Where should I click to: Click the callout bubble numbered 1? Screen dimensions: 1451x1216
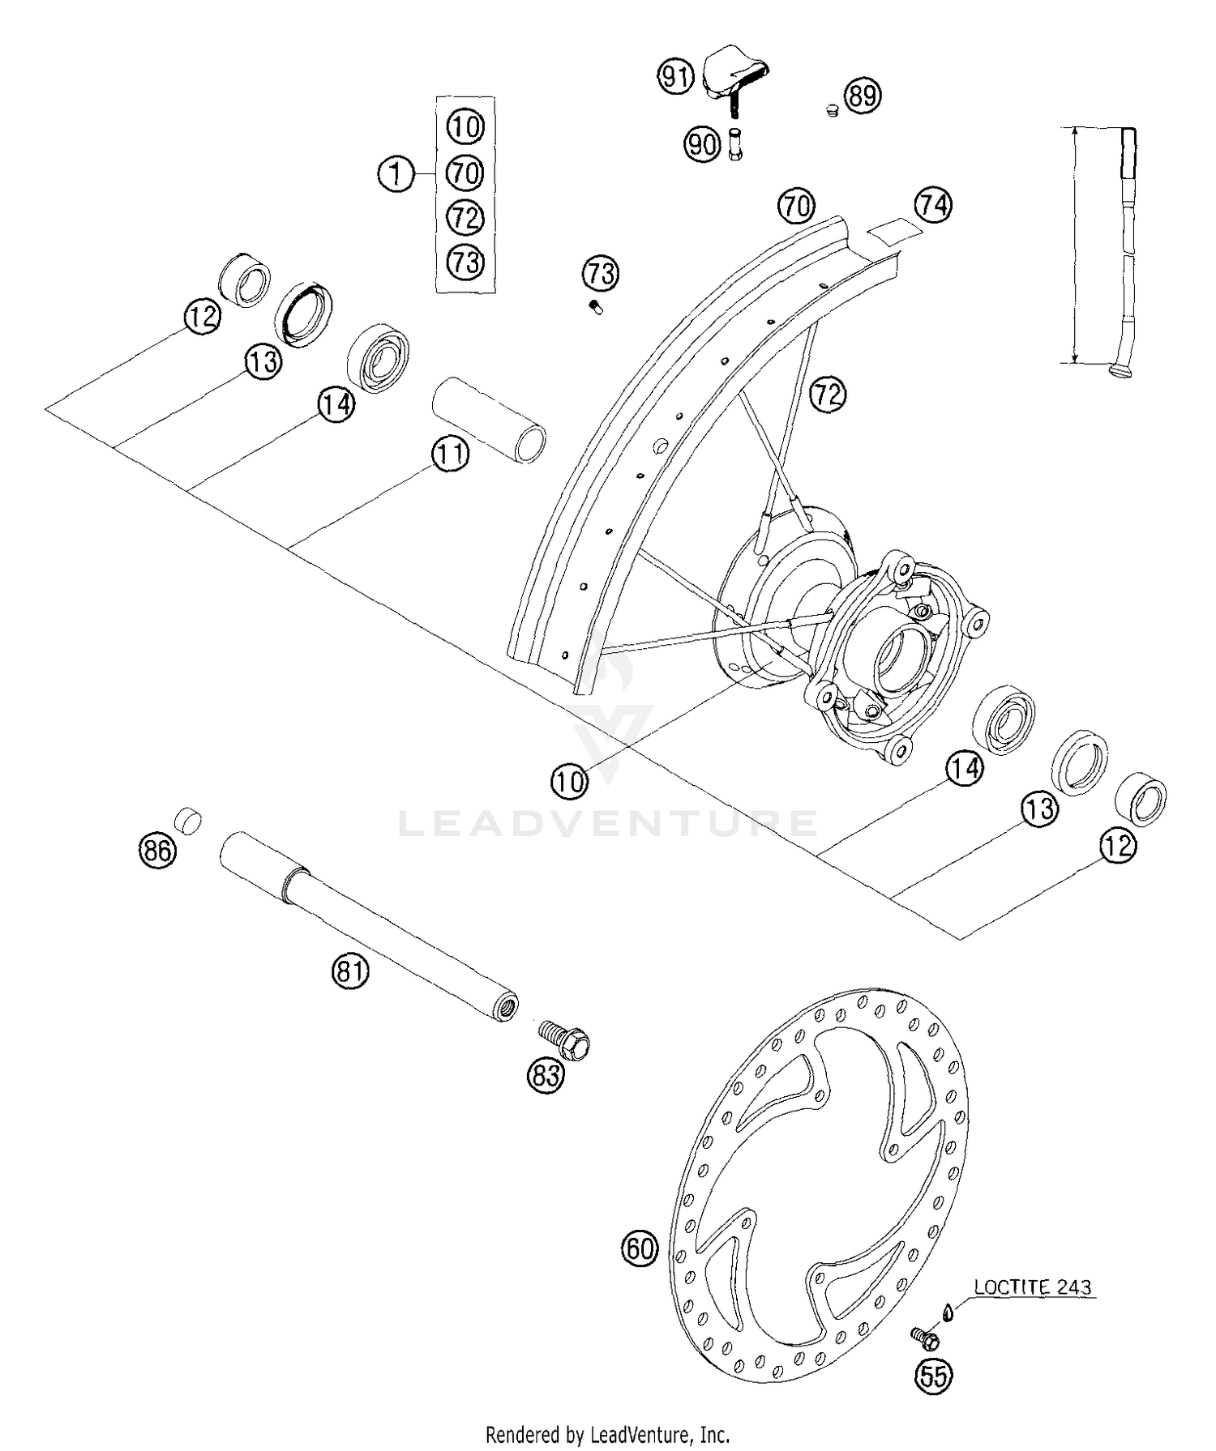[x=396, y=174]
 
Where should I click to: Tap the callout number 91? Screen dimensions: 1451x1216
[x=674, y=77]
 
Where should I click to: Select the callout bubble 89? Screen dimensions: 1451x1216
[x=863, y=96]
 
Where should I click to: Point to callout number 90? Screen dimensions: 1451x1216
[x=702, y=145]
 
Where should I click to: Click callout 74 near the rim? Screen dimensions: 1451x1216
[x=933, y=205]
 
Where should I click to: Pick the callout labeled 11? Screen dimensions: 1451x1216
[x=450, y=455]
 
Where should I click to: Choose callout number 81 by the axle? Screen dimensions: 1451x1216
[x=349, y=970]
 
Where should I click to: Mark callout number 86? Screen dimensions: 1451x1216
[x=157, y=851]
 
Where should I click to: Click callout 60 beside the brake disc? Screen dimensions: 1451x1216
[x=640, y=1248]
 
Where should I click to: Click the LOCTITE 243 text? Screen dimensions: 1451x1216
[x=1032, y=1287]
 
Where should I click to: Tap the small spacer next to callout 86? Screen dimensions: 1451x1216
[x=189, y=820]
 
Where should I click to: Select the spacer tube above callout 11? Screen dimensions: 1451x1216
[x=486, y=419]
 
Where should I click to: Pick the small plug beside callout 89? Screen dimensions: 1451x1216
[x=831, y=109]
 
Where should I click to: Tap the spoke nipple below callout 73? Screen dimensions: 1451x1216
[x=596, y=307]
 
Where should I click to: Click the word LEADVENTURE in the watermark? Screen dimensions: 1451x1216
[x=608, y=824]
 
